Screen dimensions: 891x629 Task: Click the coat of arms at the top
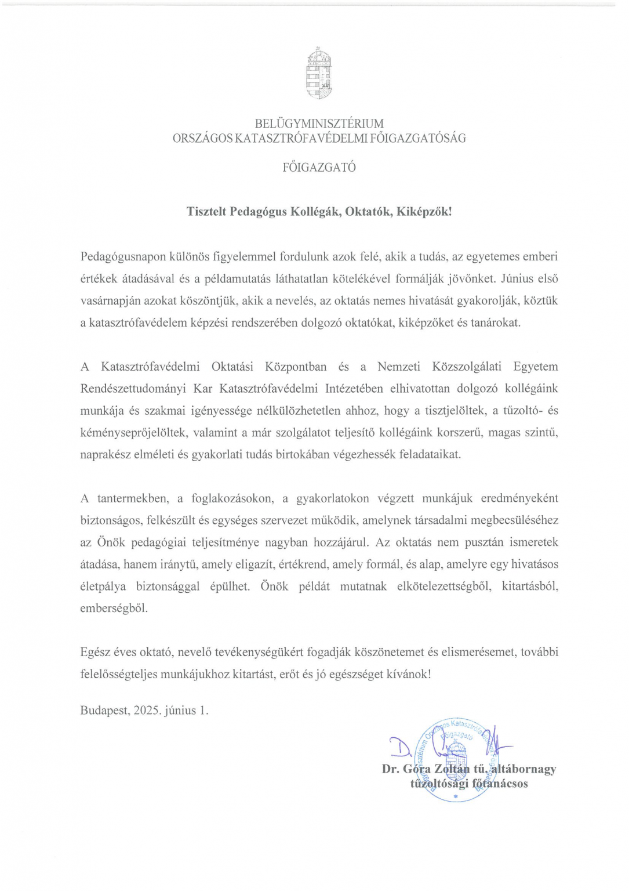point(319,74)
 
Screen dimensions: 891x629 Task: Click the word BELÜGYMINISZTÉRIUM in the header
point(319,124)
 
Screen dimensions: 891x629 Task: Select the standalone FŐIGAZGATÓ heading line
point(319,168)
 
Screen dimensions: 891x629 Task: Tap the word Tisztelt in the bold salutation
point(206,212)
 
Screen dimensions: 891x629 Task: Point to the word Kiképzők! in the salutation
point(424,212)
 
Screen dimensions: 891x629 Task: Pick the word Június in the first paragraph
point(518,278)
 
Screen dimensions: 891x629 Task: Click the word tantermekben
point(133,498)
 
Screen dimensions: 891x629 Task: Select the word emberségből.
point(114,609)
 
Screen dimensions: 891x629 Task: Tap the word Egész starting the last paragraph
point(95,652)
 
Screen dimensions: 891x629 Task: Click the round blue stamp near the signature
point(456,760)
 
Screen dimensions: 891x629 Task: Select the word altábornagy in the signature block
point(523,769)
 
